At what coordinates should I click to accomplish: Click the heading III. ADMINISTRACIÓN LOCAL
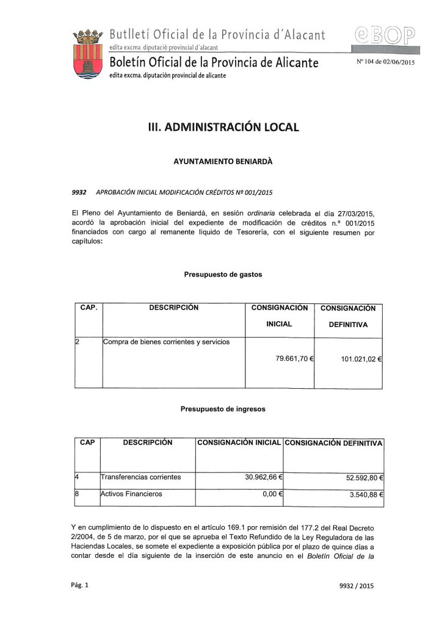[x=220, y=127]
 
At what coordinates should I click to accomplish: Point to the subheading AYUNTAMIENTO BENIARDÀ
[x=220, y=163]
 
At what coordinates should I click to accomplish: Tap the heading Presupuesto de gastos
[x=223, y=275]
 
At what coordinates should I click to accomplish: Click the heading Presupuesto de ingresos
[x=223, y=410]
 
